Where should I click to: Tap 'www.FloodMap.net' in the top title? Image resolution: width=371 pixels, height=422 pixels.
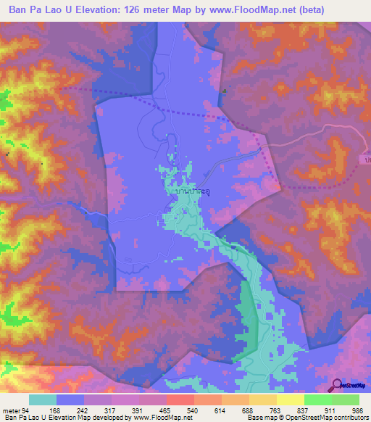click(x=249, y=10)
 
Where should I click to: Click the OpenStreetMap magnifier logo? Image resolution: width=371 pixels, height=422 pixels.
click(x=337, y=384)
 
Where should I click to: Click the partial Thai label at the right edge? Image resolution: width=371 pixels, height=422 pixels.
click(x=367, y=157)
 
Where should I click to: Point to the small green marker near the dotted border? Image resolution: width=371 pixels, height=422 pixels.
click(x=225, y=91)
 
